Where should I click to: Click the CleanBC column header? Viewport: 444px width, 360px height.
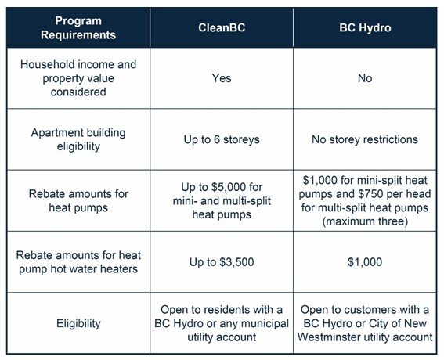[222, 27]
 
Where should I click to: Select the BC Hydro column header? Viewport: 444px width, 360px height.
[365, 27]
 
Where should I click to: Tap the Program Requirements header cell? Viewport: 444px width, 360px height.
[78, 27]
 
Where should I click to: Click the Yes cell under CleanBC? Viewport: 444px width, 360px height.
[222, 78]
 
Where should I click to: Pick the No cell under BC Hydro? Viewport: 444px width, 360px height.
[365, 78]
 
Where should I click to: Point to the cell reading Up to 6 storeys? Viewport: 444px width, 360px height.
[222, 139]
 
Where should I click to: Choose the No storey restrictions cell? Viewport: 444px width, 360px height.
[365, 139]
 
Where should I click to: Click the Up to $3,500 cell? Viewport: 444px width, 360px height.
[222, 262]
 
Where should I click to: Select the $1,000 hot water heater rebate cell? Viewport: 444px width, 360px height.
[365, 262]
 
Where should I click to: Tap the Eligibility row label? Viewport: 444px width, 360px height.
[78, 323]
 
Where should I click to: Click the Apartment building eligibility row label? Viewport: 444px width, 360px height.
[78, 139]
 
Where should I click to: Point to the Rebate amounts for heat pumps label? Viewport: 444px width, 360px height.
[78, 201]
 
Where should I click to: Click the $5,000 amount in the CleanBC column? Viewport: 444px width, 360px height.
[227, 187]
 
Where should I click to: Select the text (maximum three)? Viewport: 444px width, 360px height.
[365, 221]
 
